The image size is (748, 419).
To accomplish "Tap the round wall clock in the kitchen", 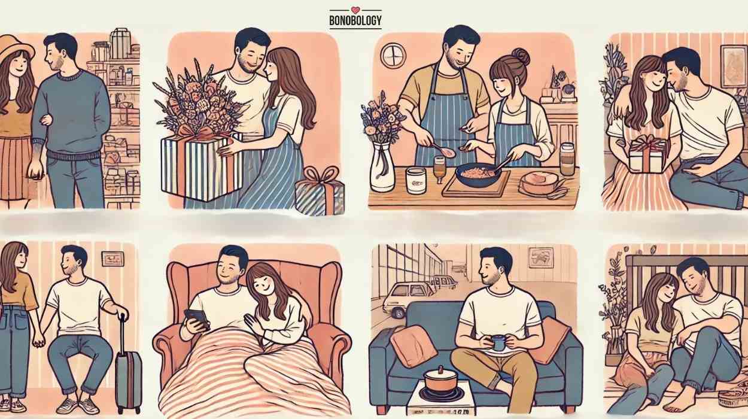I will pyautogui.click(x=393, y=55).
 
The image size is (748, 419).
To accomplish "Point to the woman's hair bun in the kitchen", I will pyautogui.click(x=520, y=57).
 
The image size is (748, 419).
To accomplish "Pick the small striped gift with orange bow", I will pyautogui.click(x=320, y=191).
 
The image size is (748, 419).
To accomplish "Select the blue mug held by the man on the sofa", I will pyautogui.click(x=498, y=342).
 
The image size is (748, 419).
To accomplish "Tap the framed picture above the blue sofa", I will pyautogui.click(x=541, y=257).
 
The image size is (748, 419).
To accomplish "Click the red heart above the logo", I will pyautogui.click(x=355, y=10).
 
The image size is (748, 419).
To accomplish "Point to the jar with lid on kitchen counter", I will pyautogui.click(x=567, y=159).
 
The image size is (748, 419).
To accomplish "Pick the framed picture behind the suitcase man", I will pyautogui.click(x=112, y=259).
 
